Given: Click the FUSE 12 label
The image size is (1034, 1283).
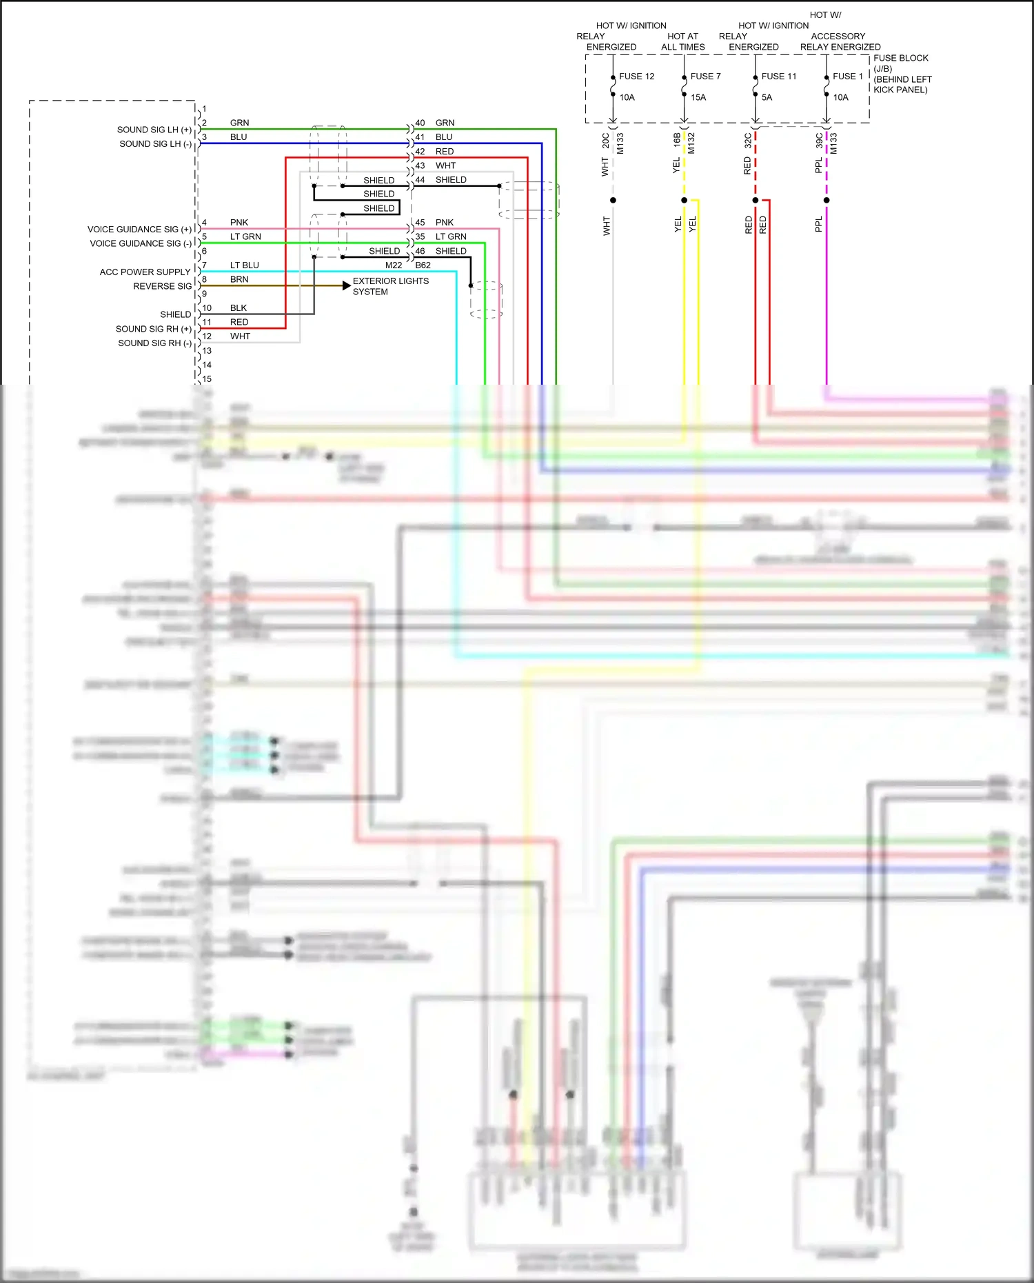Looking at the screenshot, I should point(636,77).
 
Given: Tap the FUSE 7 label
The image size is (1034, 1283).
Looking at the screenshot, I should point(705,77).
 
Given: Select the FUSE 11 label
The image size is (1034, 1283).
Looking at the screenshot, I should point(778,77).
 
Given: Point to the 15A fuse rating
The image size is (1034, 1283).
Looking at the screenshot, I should point(698,97).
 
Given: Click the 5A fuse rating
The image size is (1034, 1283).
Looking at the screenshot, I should point(767,97).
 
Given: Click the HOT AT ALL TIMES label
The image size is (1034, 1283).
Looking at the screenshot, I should point(682,41).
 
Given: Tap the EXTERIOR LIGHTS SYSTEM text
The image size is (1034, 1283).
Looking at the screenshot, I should point(390,286).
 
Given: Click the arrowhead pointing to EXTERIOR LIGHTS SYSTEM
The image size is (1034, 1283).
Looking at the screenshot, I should point(347,285).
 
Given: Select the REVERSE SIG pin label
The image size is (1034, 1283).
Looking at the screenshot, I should point(162,286).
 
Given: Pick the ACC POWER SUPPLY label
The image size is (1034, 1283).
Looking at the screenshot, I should point(145,272).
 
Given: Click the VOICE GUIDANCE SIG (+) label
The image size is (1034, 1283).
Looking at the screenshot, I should point(139,230).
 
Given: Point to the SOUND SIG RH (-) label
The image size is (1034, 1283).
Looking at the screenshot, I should point(154,343).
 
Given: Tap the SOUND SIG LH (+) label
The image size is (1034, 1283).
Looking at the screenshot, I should point(154,130).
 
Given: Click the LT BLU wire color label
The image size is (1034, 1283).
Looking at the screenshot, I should point(244,265).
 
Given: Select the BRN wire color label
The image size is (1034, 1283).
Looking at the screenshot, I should point(239,279).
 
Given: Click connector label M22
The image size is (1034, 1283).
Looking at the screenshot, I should point(394,265).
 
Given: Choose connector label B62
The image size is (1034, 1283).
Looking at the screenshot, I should point(423,265).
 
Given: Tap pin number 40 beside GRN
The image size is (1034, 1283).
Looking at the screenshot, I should point(420,123).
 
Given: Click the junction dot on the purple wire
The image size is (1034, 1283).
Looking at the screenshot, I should point(827,201).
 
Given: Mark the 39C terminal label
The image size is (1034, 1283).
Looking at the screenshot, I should point(819,141).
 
